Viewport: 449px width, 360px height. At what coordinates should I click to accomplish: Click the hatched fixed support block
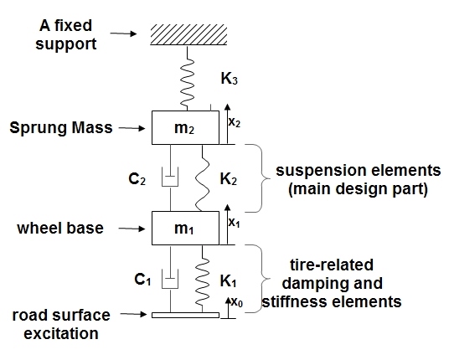(184, 36)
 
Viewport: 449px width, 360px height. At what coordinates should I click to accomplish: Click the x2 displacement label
(235, 121)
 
